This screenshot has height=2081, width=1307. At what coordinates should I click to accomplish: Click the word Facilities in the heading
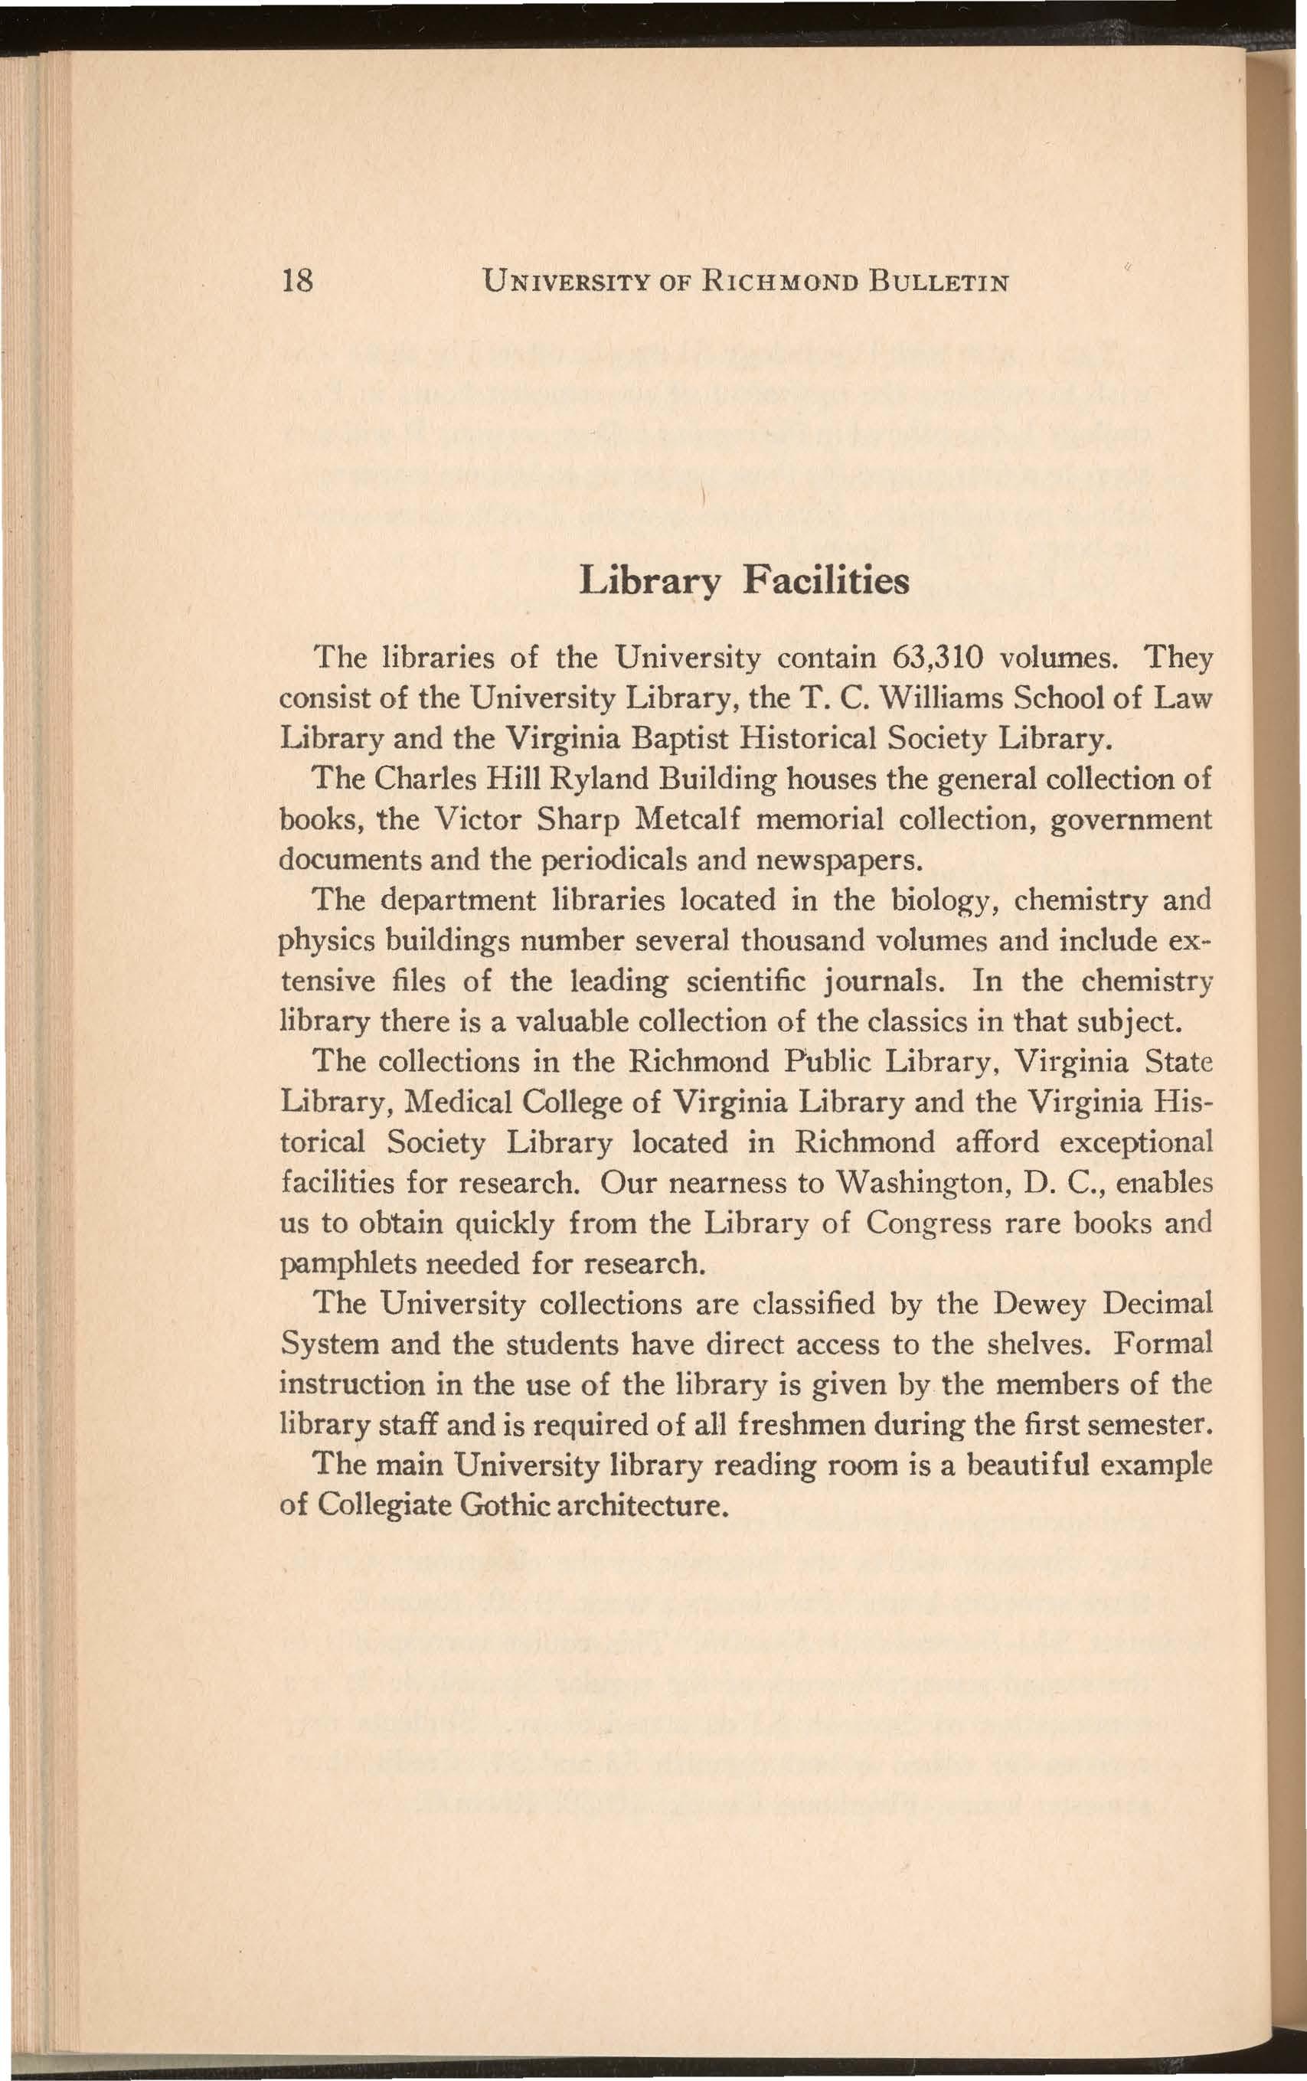pyautogui.click(x=826, y=581)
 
